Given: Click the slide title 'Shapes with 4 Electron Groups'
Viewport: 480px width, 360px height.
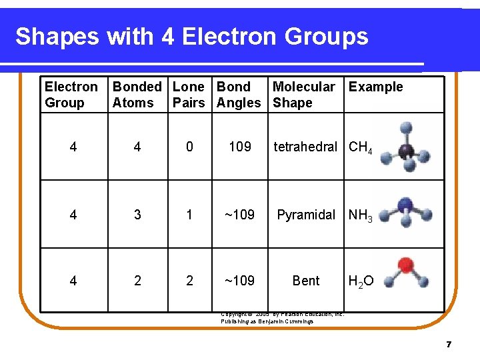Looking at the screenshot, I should [191, 37].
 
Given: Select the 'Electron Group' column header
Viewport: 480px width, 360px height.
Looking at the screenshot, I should [71, 95].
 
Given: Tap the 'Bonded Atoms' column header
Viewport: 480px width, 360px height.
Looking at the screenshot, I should [137, 95].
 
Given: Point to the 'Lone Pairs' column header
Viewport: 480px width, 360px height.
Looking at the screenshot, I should [189, 95].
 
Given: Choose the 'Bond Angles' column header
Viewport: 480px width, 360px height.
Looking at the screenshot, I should [239, 95].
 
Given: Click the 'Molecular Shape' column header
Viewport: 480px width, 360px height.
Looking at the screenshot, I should [303, 95].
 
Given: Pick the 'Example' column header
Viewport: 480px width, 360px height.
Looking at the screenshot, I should [375, 87].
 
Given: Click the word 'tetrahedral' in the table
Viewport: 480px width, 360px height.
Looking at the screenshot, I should [305, 147].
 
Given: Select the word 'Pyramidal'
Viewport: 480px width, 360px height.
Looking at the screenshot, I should [306, 215].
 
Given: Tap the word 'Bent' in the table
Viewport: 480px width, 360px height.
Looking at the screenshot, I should [306, 281].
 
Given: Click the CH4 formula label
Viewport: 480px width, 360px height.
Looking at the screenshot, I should [361, 147].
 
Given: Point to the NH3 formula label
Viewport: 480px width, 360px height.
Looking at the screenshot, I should [361, 215].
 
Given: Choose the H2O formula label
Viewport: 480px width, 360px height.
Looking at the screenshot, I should [361, 281].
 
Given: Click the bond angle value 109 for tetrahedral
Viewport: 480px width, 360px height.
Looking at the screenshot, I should [240, 147].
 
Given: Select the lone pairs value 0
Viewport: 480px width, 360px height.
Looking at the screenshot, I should [189, 147].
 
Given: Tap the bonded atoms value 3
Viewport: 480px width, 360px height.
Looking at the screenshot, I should [137, 215].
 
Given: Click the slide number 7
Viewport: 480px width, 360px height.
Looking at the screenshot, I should [449, 345].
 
